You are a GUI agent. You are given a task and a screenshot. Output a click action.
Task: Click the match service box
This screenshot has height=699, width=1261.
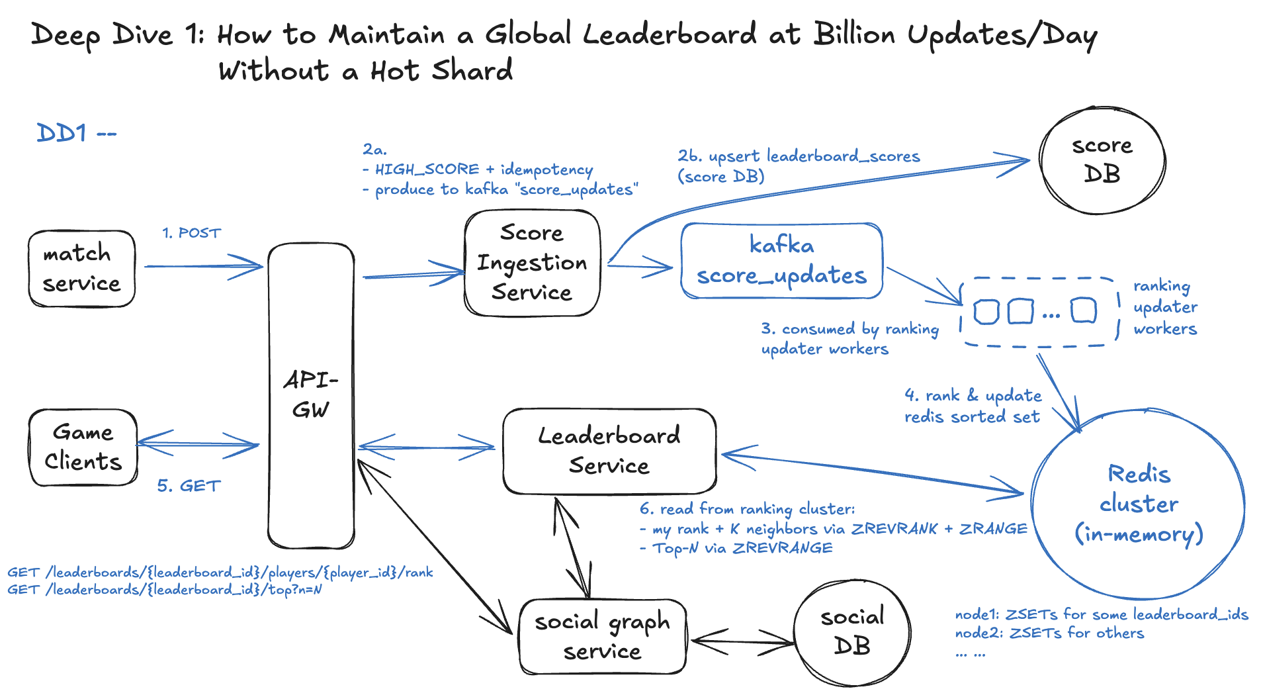pyautogui.click(x=81, y=269)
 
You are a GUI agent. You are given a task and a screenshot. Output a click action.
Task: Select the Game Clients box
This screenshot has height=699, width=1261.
pyautogui.click(x=83, y=447)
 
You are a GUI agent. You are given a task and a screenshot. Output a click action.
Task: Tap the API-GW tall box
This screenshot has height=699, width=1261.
pyautogui.click(x=311, y=395)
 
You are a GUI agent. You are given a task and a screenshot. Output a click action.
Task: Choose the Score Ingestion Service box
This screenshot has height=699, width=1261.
pyautogui.click(x=532, y=263)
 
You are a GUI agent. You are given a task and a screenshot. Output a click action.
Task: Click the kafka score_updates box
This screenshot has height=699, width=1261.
pyautogui.click(x=781, y=261)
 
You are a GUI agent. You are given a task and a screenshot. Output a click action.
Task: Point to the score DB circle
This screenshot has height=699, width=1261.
pyautogui.click(x=1102, y=160)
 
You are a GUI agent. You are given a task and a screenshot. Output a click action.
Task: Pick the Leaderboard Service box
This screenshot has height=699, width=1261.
pyautogui.click(x=609, y=451)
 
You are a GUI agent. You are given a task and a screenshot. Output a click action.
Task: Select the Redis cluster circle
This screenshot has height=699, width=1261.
pyautogui.click(x=1138, y=504)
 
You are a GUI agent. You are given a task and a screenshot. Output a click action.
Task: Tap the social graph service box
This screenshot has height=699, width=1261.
pyautogui.click(x=602, y=637)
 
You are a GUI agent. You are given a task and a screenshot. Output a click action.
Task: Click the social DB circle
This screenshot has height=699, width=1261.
pyautogui.click(x=852, y=632)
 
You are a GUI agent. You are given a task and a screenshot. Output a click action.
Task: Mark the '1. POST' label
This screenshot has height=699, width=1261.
pyautogui.click(x=191, y=233)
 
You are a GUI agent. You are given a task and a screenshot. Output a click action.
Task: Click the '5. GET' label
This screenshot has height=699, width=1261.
pyautogui.click(x=189, y=486)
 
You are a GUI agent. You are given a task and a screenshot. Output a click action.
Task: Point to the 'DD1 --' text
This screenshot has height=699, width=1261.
pyautogui.click(x=76, y=133)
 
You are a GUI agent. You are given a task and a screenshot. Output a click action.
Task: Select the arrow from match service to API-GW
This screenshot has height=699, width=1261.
pyautogui.click(x=203, y=266)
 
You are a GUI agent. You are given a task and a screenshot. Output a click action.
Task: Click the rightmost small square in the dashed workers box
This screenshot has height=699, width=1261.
pyautogui.click(x=1083, y=310)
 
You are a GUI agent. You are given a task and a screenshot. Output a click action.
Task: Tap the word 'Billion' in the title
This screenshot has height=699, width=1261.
pyautogui.click(x=854, y=34)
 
